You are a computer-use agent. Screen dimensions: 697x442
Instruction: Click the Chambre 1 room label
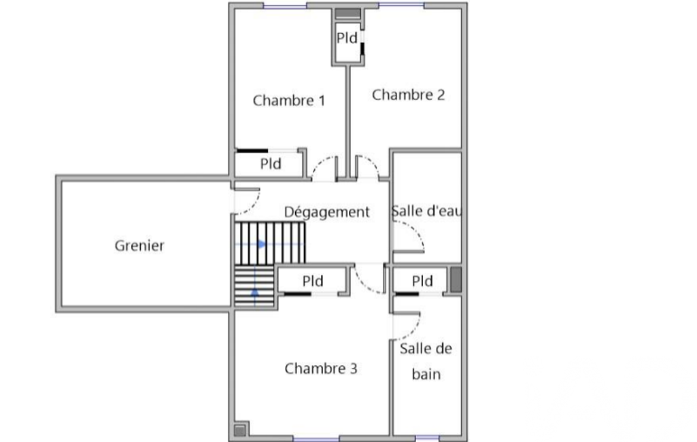(289, 101)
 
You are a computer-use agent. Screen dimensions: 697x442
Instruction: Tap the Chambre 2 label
(408, 95)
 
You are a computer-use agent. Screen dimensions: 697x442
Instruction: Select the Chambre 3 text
(321, 369)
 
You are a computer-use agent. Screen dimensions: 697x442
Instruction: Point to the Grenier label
(139, 245)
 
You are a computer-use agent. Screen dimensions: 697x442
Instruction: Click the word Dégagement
(326, 211)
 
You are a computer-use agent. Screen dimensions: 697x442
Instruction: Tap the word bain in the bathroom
(426, 375)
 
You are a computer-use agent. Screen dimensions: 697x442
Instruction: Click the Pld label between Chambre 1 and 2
(347, 38)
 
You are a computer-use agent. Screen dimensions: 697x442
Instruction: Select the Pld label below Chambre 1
(271, 164)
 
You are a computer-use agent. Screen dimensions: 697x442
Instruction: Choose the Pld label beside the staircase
(313, 281)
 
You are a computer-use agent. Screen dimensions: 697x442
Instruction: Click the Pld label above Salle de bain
(422, 281)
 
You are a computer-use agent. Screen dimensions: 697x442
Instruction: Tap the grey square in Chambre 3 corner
(239, 430)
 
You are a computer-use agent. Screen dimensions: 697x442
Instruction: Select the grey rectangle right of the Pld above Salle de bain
(456, 279)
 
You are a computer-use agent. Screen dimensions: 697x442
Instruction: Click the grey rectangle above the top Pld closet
(347, 14)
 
